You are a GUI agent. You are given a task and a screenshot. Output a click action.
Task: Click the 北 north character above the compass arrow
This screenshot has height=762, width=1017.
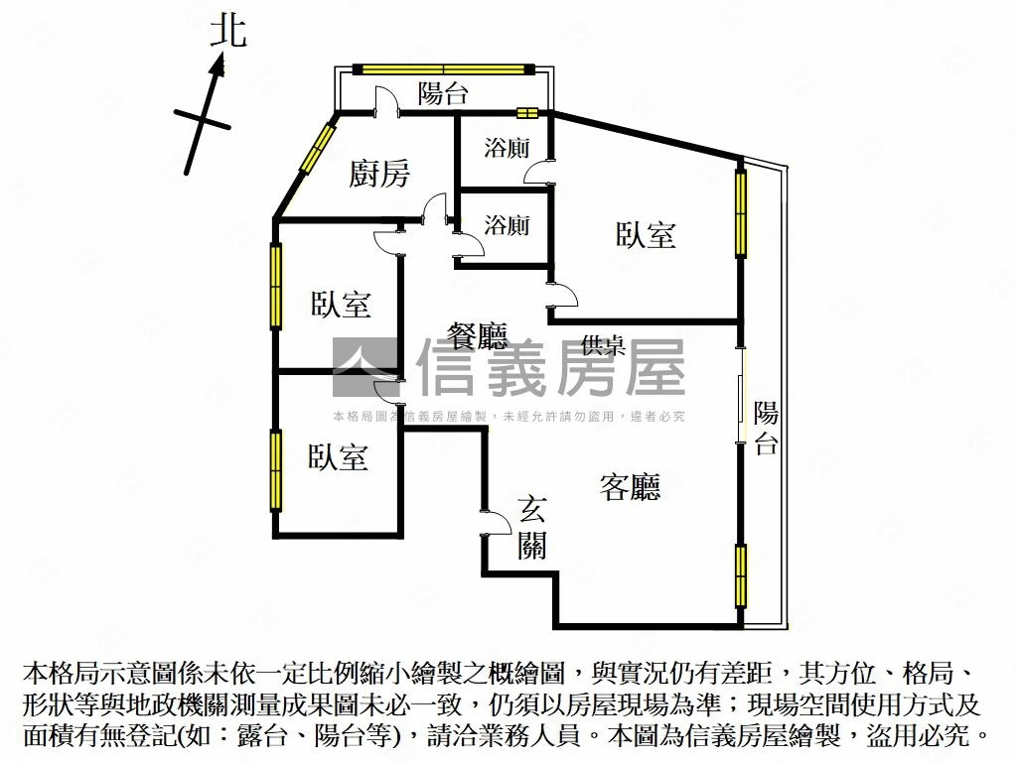coord(228,33)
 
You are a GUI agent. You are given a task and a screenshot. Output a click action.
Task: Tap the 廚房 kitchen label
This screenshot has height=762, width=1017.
coord(379,175)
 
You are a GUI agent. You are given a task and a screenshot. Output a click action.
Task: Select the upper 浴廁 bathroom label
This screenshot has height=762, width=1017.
coord(507,149)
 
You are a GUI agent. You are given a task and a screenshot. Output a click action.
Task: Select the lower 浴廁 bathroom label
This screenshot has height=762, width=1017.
coord(507,225)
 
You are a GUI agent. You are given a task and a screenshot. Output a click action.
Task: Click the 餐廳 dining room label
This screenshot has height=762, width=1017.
coord(478,336)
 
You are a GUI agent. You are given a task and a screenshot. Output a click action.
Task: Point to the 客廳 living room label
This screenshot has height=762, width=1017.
coord(631,487)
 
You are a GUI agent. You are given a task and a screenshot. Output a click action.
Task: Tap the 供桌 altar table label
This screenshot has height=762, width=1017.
coord(603,345)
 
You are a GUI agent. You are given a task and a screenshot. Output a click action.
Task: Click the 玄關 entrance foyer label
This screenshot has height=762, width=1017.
coord(532,528)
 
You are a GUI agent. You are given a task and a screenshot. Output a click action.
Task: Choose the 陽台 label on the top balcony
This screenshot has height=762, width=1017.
coord(443,94)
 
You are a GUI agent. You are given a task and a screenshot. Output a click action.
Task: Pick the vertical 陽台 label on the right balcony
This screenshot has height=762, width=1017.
coord(766,428)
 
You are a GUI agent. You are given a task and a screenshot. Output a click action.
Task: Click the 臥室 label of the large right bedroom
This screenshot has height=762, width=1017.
coord(647,235)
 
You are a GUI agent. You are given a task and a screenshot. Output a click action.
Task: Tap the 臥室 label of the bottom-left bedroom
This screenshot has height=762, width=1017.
coord(338,457)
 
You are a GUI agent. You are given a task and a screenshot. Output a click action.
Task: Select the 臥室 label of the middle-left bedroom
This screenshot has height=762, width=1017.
coord(342,305)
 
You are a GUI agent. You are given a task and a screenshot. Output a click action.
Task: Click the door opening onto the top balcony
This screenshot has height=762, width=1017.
coord(386,102)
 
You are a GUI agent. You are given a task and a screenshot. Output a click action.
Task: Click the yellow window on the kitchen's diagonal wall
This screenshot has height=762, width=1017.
coord(318,149)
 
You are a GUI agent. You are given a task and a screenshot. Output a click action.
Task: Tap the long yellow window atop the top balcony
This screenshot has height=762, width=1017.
coord(443,68)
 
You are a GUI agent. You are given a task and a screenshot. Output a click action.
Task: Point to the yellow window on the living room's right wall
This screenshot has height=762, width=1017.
coord(740,576)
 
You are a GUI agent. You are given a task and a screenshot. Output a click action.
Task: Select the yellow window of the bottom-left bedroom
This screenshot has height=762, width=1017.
coord(275,469)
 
